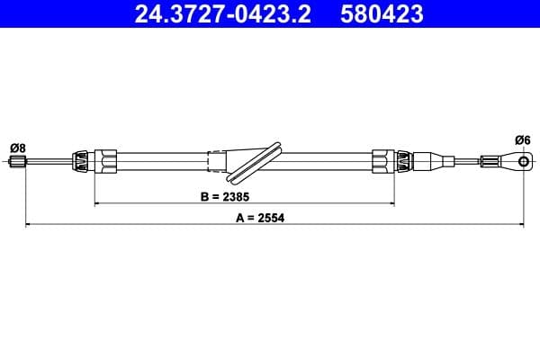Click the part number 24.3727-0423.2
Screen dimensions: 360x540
226,14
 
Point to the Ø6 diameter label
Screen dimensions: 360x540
523,139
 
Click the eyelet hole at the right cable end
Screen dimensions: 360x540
523,162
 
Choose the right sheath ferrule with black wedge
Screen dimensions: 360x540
404,162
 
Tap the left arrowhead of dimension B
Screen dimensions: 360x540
96,204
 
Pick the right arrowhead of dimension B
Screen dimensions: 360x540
391,204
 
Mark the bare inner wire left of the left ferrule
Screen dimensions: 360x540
49,162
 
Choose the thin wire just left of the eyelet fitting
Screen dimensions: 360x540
468,162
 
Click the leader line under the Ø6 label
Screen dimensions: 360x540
523,150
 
